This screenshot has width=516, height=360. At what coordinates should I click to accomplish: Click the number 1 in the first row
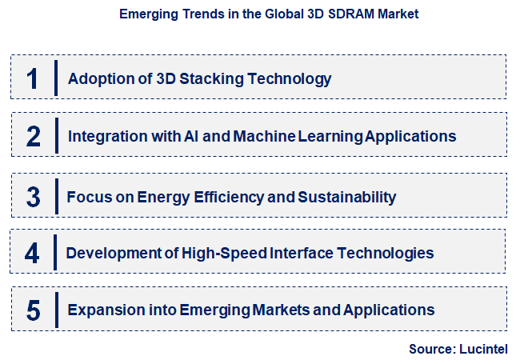pos(33,78)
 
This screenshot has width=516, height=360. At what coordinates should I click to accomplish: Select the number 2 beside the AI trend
pos(33,136)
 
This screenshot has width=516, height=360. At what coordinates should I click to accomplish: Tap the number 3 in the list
pos(33,197)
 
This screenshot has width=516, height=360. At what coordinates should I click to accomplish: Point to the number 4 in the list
pos(32,254)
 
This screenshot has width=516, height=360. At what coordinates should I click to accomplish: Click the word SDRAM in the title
pos(346,14)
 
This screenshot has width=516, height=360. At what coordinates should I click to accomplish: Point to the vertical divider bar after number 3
pos(57,196)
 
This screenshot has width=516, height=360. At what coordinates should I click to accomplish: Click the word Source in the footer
pos(430,349)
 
